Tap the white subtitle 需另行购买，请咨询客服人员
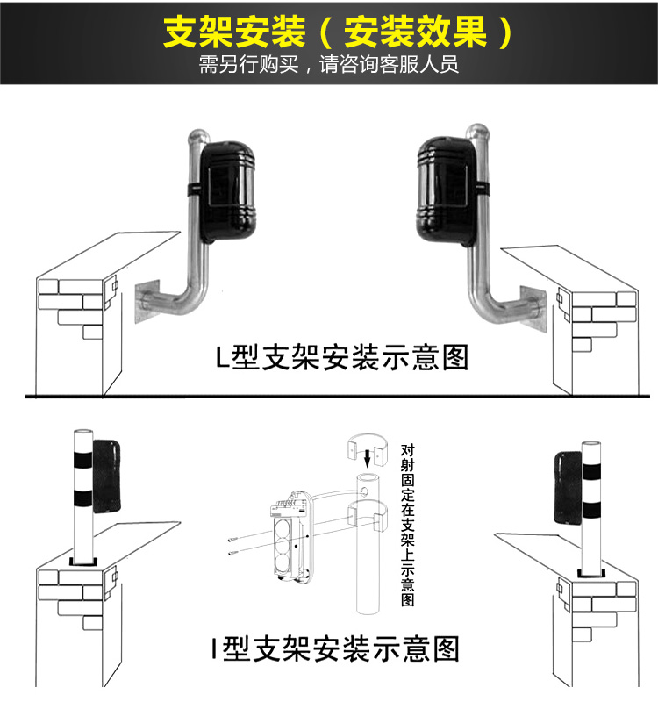point(329,66)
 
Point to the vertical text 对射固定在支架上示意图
point(404,524)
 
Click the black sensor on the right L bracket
point(440,187)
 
